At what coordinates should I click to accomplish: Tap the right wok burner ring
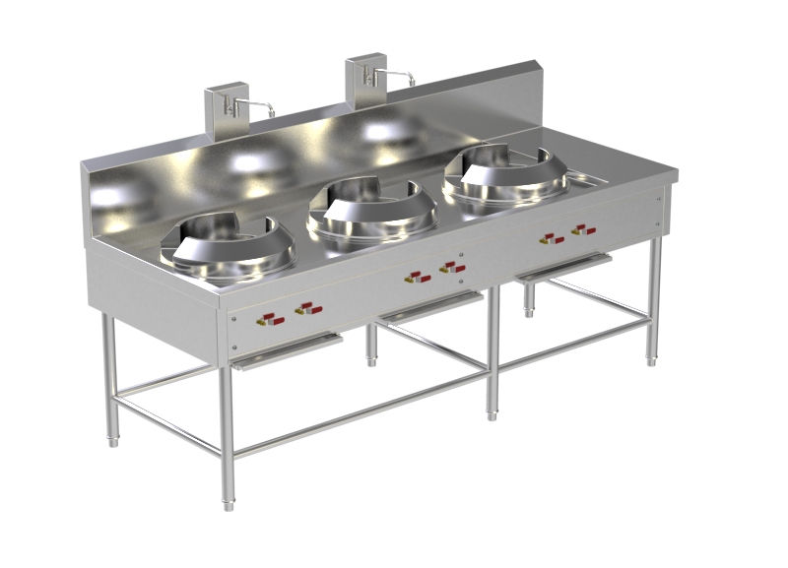coord(498,177)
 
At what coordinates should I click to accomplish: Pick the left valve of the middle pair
coord(420,278)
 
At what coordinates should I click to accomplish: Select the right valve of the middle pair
coord(452,267)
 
